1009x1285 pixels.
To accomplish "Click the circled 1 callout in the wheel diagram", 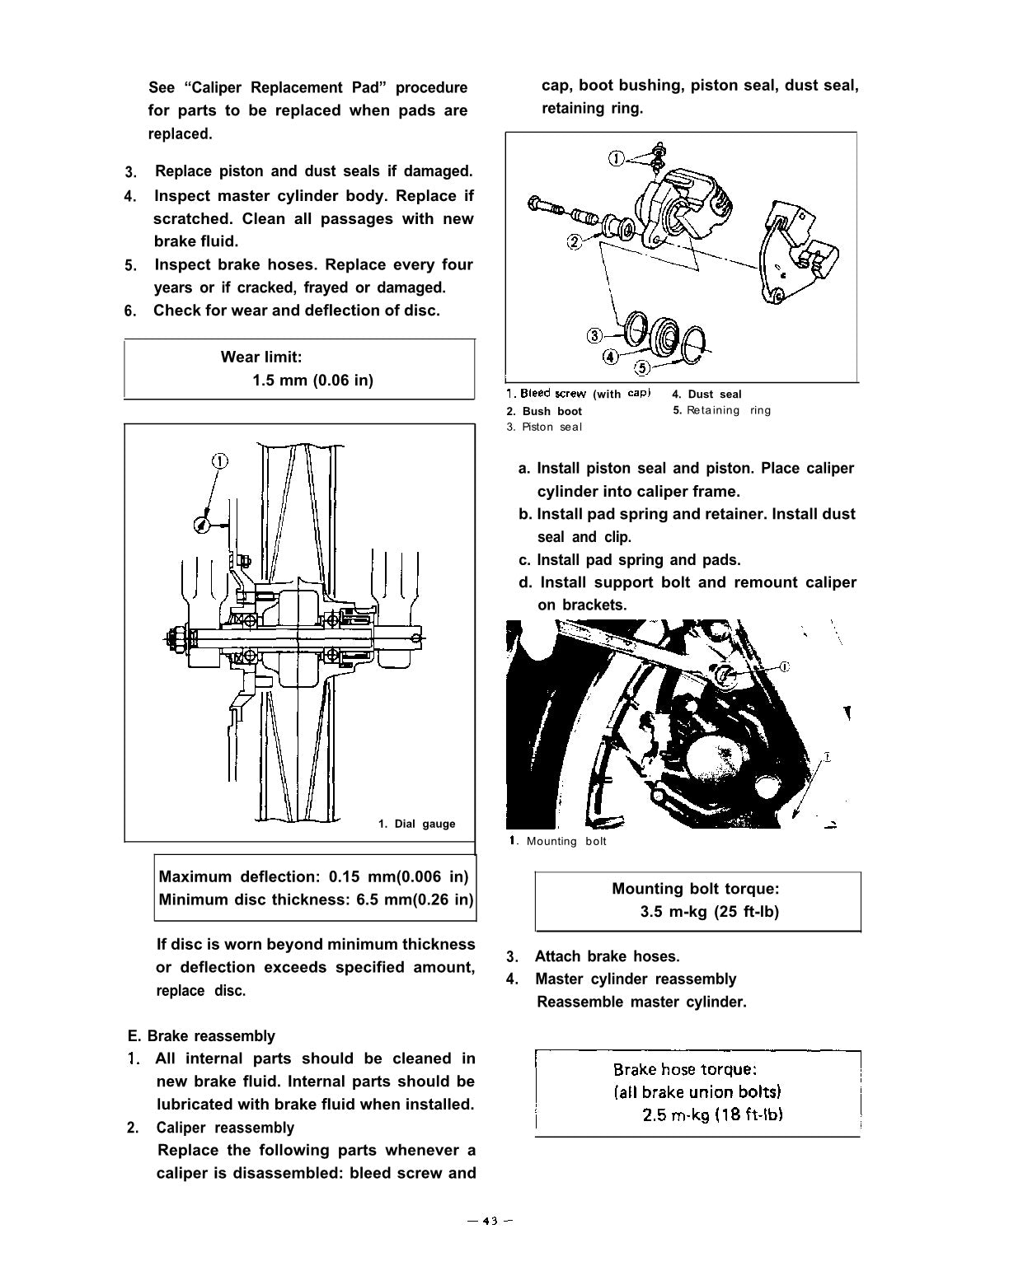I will click(x=219, y=461).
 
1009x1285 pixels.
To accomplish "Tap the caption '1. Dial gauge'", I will click(x=416, y=824).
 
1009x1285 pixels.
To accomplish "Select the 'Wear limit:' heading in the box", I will click(x=261, y=357).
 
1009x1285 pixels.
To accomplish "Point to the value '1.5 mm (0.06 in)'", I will click(x=312, y=380).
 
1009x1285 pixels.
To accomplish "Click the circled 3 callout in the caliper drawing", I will click(x=594, y=335).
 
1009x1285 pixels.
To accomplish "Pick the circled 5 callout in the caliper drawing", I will click(x=642, y=368).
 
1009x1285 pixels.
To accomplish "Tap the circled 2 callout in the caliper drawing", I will click(x=574, y=241).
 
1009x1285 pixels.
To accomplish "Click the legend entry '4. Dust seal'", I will click(x=706, y=394).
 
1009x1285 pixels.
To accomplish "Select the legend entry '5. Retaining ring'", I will click(x=722, y=410).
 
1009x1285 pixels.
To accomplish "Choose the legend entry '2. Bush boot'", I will click(x=544, y=411).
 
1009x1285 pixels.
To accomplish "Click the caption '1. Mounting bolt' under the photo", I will click(x=558, y=841).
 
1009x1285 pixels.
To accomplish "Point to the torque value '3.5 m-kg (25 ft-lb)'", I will click(x=709, y=912).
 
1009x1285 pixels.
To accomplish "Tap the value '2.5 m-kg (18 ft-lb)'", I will click(x=712, y=1114).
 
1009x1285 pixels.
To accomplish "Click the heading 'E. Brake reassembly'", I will click(x=201, y=1035).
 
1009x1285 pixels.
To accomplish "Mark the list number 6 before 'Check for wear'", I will click(x=129, y=311).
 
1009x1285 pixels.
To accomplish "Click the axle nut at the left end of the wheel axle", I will click(x=175, y=636).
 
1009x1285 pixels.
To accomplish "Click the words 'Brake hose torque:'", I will click(x=684, y=1069).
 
